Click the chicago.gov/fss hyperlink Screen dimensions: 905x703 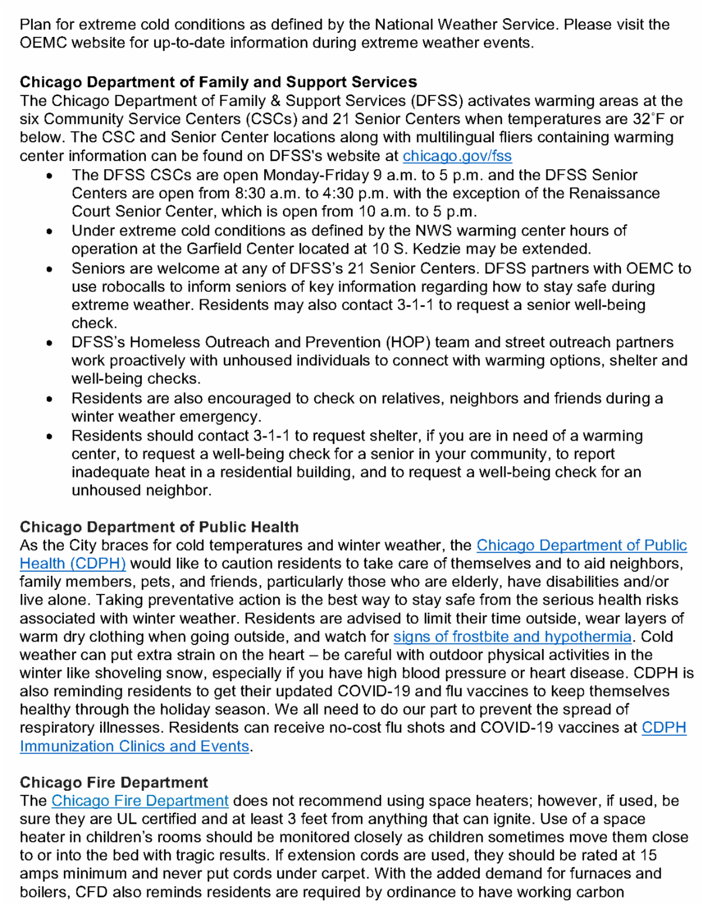[x=457, y=156]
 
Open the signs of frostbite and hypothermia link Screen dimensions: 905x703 [x=512, y=637]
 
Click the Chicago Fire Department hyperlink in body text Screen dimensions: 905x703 [x=139, y=801]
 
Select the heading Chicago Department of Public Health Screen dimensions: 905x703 [x=159, y=527]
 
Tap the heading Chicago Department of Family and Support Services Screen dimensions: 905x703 [x=218, y=82]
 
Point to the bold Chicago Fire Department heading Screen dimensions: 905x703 [x=114, y=783]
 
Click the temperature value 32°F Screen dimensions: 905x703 [x=649, y=119]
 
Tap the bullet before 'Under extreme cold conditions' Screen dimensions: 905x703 [x=50, y=231]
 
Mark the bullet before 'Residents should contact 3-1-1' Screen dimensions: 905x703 [x=50, y=436]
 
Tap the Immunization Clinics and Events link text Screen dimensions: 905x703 [x=134, y=746]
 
